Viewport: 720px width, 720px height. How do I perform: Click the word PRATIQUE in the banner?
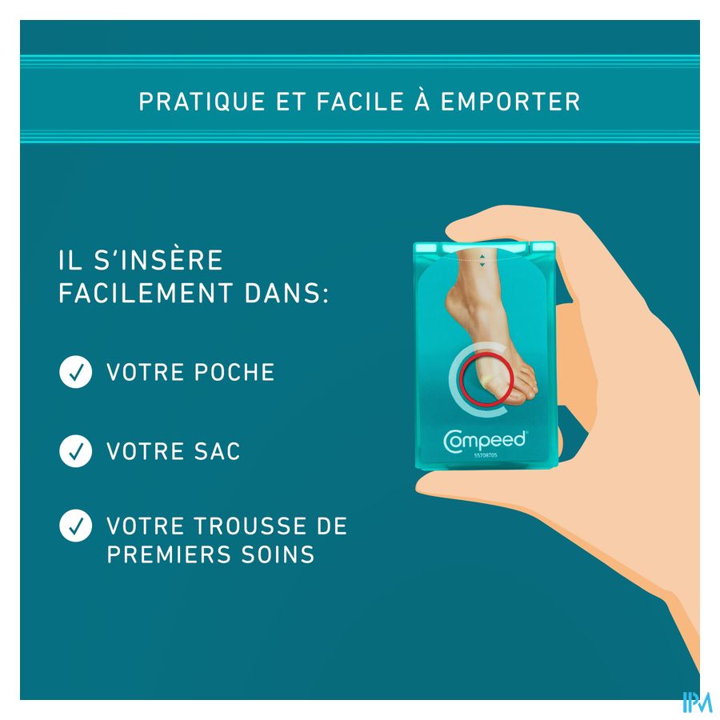coord(202,102)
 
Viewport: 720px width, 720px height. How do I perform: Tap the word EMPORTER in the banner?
coord(510,102)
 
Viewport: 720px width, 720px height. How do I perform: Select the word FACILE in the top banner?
coord(360,102)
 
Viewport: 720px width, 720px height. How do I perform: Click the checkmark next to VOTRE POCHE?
coord(76,372)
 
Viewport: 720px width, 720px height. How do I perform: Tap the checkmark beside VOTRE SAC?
coord(76,451)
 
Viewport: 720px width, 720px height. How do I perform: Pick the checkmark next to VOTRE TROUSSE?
coord(76,526)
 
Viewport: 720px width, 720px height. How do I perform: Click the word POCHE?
coord(234,372)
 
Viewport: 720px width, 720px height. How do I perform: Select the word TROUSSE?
coord(252,526)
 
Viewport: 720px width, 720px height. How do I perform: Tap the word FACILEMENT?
coord(146,293)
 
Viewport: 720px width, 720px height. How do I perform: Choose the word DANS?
coord(286,293)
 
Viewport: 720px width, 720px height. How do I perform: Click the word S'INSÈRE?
coord(158,259)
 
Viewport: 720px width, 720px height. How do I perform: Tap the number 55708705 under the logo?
coord(486,455)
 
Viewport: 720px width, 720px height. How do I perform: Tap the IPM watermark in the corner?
coord(697,702)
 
